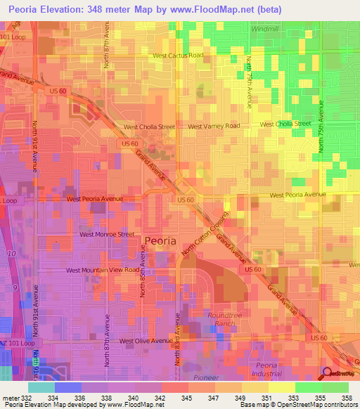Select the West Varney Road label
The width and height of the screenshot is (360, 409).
[x=214, y=126]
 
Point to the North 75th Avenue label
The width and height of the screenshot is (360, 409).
[x=321, y=126]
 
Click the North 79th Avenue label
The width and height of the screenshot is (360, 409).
[x=249, y=83]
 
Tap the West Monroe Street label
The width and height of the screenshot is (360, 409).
[x=107, y=234]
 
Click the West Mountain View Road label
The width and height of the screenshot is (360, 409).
[x=103, y=270]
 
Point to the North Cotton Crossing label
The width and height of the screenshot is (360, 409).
[x=205, y=233]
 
